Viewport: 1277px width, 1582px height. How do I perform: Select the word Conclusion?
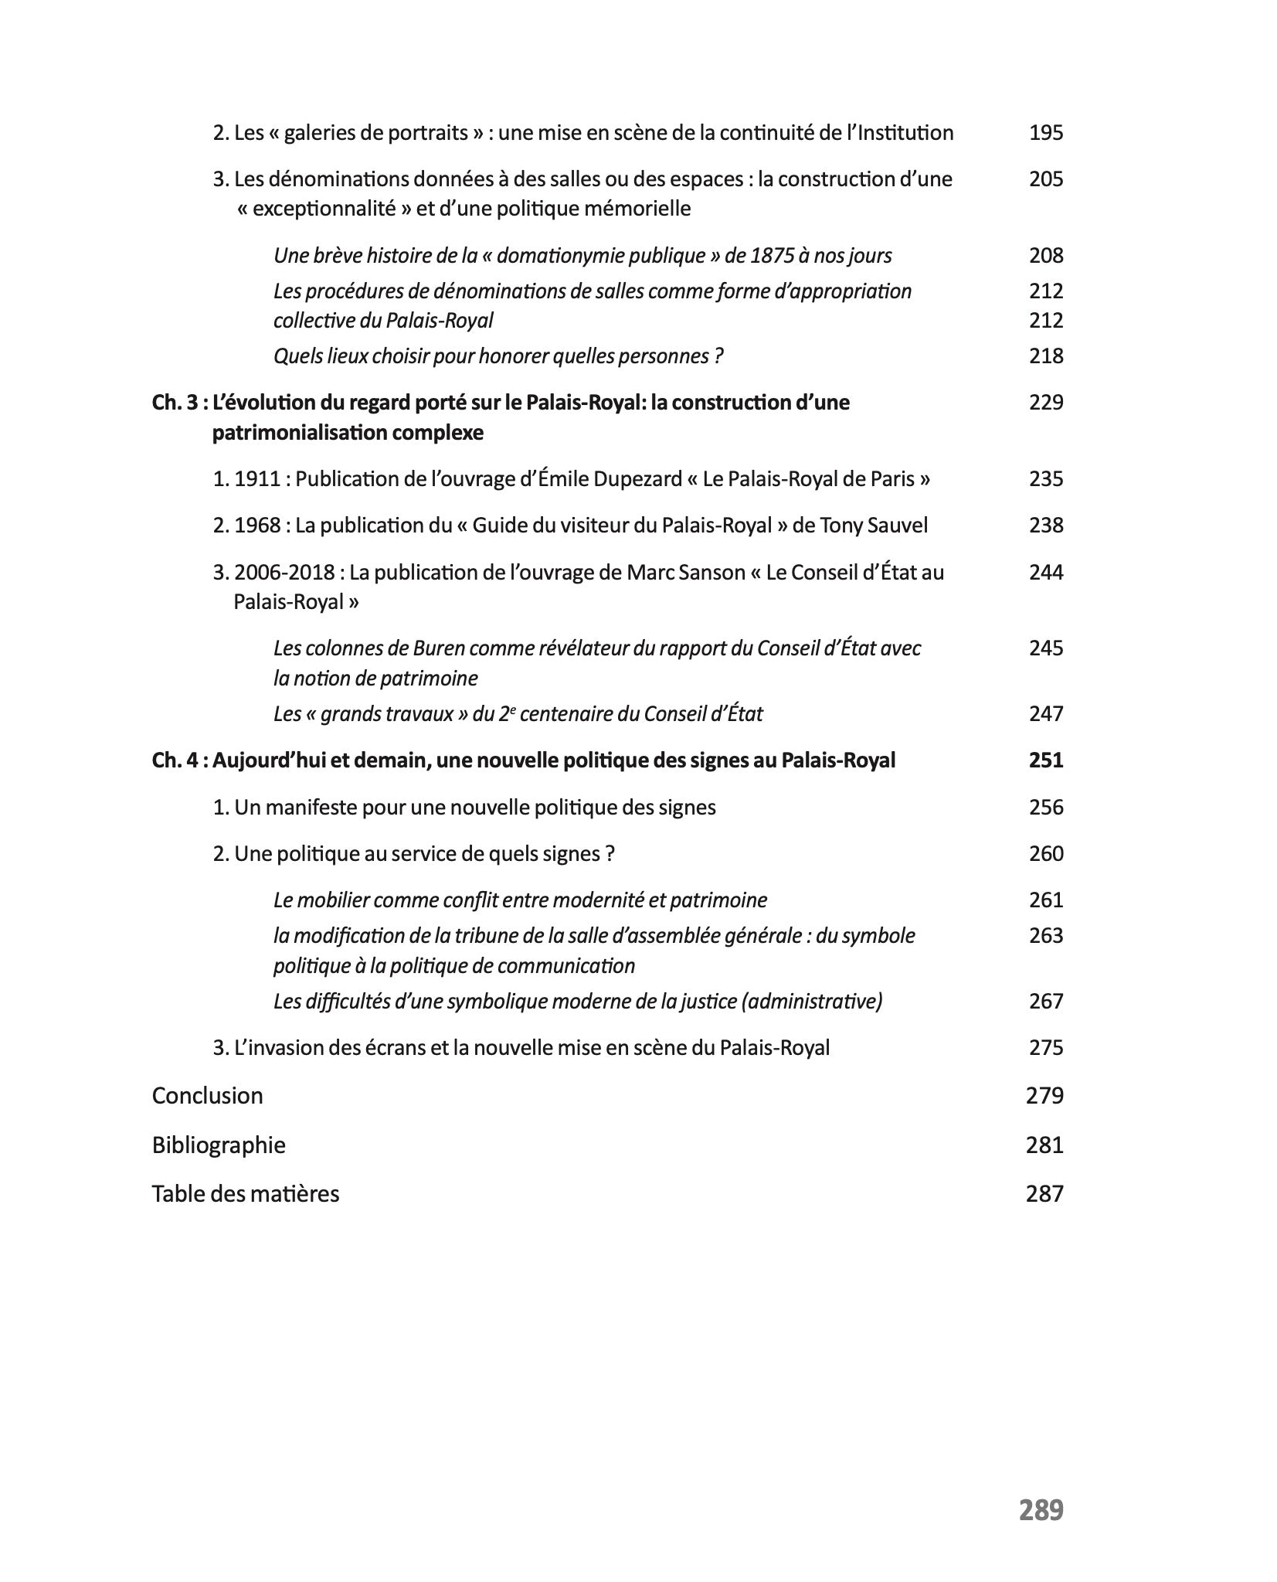(x=207, y=1095)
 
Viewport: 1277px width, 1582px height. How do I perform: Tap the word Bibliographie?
(x=219, y=1145)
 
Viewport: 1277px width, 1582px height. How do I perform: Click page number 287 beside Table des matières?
(x=1044, y=1193)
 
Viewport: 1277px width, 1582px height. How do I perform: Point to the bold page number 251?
(x=1045, y=760)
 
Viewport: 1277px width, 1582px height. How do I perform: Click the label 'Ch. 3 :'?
(x=180, y=403)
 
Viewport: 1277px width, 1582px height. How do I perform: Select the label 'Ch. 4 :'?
(x=180, y=760)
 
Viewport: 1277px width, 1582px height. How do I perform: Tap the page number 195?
(x=1045, y=133)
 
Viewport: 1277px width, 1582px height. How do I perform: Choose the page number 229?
(x=1045, y=403)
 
